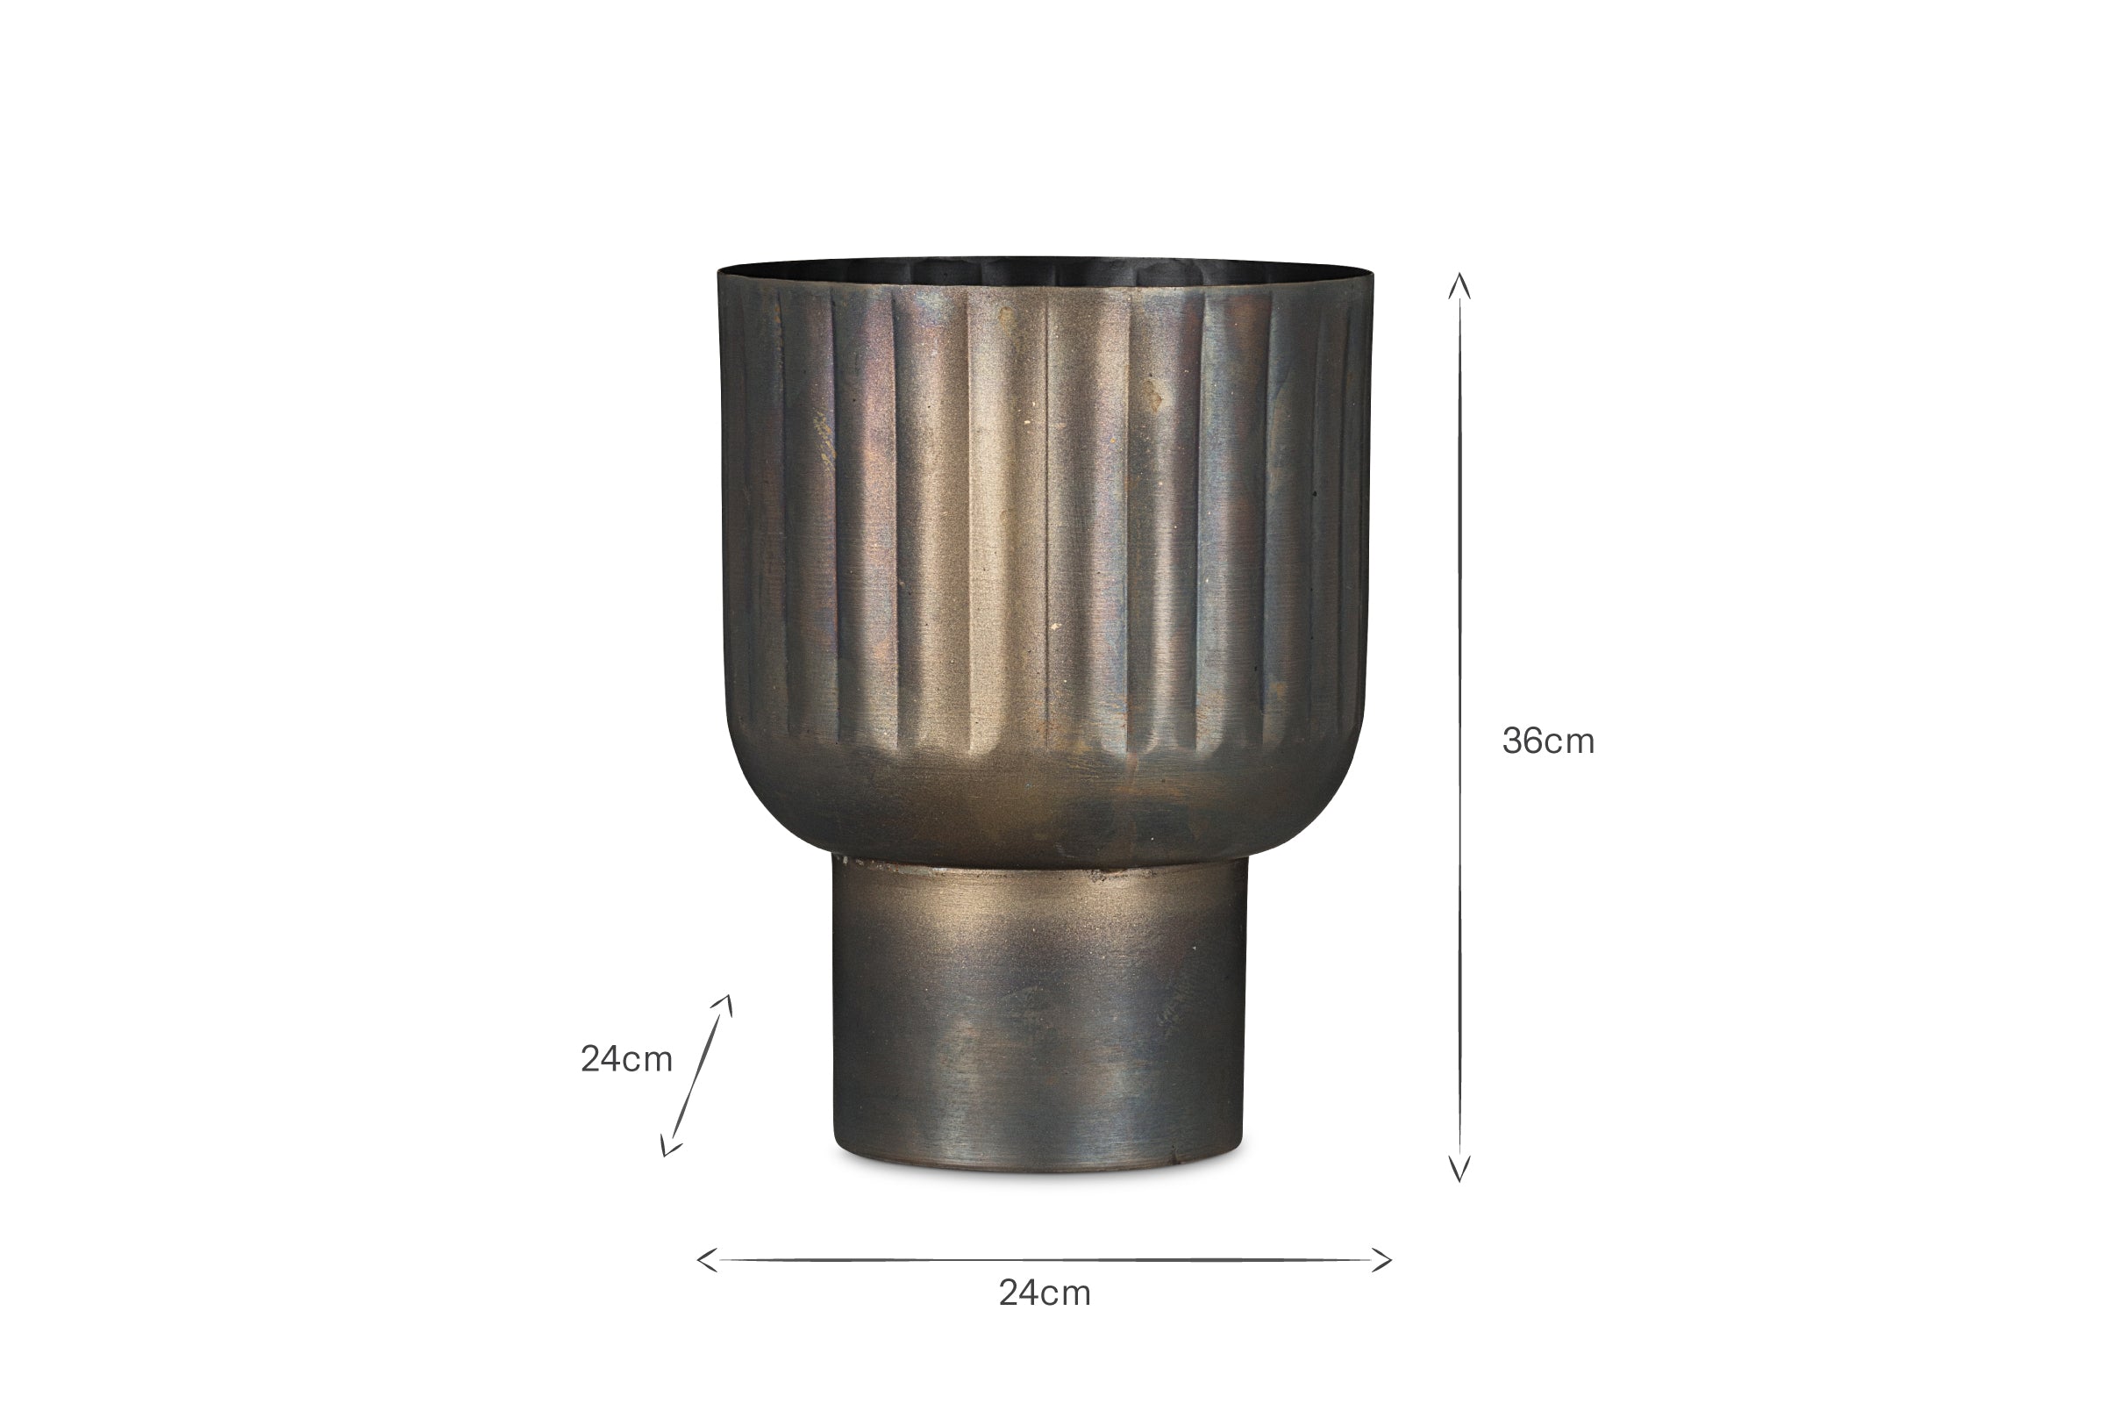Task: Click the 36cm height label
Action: click(1548, 741)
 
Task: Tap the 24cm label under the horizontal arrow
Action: click(1045, 1293)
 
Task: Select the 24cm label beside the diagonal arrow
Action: click(626, 1059)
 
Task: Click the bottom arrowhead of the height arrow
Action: click(1459, 1170)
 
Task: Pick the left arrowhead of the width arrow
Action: click(708, 1260)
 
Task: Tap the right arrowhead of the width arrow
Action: click(1381, 1260)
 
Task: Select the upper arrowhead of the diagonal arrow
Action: click(725, 1005)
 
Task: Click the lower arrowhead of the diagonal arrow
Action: click(668, 1144)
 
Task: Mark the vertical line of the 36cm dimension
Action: click(1459, 727)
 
